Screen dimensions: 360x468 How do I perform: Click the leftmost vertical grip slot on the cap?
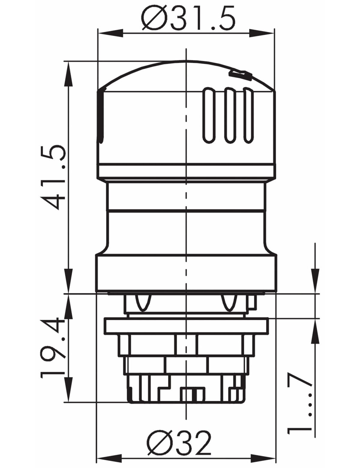pyautogui.click(x=209, y=115)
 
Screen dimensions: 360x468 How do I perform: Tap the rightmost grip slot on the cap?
pyautogui.click(x=248, y=115)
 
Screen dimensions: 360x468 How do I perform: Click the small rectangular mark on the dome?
pyautogui.click(x=241, y=75)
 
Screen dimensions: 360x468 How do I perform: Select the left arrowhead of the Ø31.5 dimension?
pyautogui.click(x=110, y=34)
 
